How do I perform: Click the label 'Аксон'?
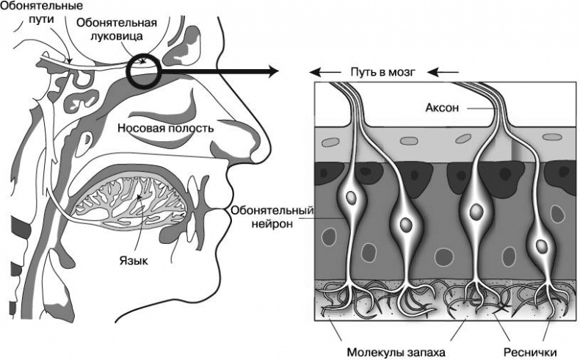[x=442, y=108]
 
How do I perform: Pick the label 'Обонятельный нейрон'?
[x=272, y=218]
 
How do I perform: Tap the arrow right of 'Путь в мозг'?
[x=443, y=73]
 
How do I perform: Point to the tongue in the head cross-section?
[x=136, y=204]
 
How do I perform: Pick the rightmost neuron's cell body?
[x=542, y=246]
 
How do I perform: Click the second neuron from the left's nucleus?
[x=404, y=223]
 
